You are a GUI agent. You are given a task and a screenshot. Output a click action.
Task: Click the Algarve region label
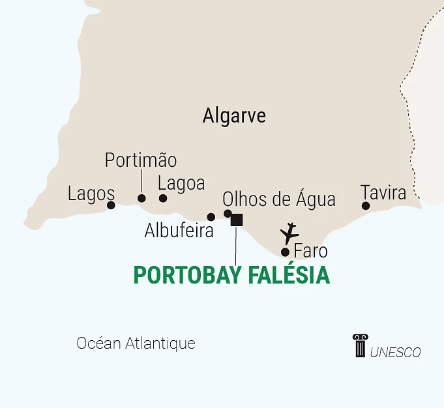[234, 116]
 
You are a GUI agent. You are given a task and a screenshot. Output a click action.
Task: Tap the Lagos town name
[91, 194]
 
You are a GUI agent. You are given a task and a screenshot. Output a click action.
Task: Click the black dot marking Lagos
[111, 205]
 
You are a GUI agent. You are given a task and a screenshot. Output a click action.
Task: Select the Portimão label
[141, 160]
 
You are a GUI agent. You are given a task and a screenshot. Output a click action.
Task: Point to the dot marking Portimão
[141, 198]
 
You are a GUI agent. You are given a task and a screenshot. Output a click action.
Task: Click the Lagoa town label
[181, 183]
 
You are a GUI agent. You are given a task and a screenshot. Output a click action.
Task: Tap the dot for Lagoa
[163, 198]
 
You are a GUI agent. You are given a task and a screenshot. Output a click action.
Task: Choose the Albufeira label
[179, 231]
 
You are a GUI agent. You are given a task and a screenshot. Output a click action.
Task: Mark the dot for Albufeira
[211, 217]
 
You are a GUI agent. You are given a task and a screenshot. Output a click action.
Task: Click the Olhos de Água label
[279, 199]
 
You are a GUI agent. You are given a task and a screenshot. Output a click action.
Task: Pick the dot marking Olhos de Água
[228, 214]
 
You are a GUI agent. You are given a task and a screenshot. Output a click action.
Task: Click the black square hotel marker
[237, 220]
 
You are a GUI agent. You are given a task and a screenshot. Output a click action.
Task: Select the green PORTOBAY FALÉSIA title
[231, 275]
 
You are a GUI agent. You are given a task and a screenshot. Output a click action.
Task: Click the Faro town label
[310, 251]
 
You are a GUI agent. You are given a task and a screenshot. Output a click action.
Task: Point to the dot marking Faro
[285, 252]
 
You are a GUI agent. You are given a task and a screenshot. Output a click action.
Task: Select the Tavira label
[383, 193]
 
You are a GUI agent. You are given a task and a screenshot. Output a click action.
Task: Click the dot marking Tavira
[366, 206]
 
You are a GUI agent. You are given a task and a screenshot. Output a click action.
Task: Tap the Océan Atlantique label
[136, 343]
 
